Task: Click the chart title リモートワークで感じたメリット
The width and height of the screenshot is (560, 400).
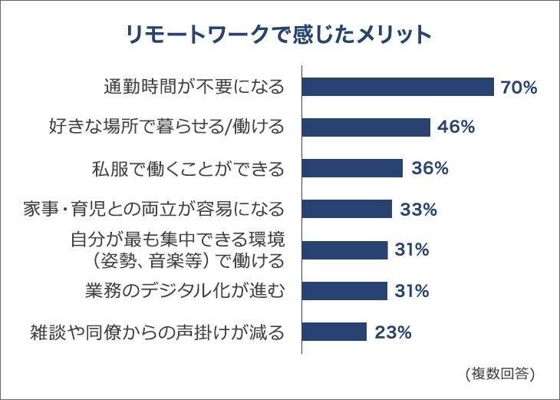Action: tap(279, 35)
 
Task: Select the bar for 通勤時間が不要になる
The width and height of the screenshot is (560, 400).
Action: tap(397, 87)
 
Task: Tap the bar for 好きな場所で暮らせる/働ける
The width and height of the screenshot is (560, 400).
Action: tap(366, 127)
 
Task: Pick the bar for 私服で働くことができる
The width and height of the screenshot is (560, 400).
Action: tap(352, 168)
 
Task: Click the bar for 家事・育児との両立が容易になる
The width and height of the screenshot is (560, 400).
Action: tap(347, 209)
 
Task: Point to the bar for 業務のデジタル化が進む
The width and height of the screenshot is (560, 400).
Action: tap(344, 291)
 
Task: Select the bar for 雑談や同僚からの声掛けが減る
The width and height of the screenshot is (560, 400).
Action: tap(334, 332)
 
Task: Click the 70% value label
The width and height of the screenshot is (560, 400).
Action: tap(519, 88)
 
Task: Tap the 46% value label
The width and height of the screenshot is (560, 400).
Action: tap(456, 127)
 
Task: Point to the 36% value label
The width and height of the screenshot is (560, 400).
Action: tap(429, 168)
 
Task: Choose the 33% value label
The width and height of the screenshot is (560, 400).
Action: tap(418, 209)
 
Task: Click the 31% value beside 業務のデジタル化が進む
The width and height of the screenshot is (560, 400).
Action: tap(413, 291)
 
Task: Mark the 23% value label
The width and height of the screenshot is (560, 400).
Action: tap(394, 332)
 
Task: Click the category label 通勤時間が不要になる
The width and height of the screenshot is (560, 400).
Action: tap(193, 87)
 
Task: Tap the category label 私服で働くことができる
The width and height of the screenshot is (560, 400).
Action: tap(186, 168)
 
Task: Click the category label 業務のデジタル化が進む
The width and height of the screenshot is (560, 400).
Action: tap(184, 291)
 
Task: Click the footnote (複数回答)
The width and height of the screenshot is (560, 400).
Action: tap(499, 374)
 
